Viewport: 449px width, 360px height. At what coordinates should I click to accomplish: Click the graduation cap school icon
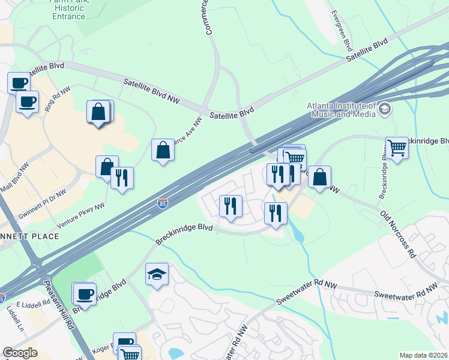pyautogui.click(x=157, y=274)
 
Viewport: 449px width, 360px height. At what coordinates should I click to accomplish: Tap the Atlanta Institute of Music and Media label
pyautogui.click(x=340, y=109)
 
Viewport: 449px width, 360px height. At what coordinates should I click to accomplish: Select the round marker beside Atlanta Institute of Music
pyautogui.click(x=385, y=109)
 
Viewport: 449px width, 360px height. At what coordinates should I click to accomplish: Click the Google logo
pyautogui.click(x=20, y=353)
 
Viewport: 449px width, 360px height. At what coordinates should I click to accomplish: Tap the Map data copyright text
pyautogui.click(x=424, y=355)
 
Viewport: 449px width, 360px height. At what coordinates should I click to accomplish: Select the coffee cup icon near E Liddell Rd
pyautogui.click(x=85, y=294)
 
